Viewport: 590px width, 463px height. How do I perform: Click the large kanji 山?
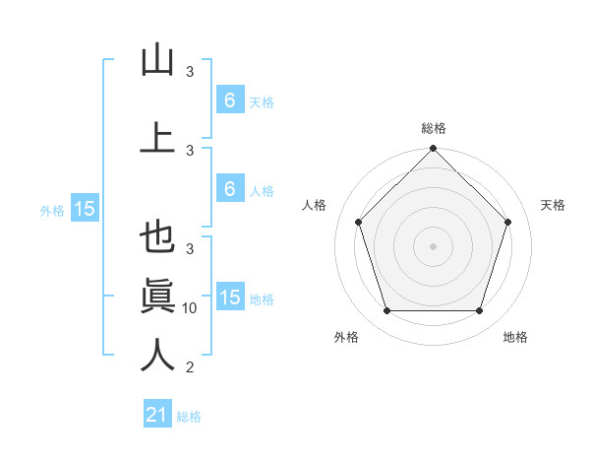[x=157, y=60]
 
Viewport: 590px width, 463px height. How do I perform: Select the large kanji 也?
[x=157, y=239]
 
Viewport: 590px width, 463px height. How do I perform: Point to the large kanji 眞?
[x=157, y=297]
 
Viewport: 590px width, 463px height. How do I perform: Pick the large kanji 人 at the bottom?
[x=157, y=355]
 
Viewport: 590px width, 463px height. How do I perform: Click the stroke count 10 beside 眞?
[x=190, y=308]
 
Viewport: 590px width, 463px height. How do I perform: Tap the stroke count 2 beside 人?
[x=190, y=367]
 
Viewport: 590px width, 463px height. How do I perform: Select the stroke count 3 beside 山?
[x=190, y=72]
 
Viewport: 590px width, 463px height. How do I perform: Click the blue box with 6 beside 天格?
[x=229, y=100]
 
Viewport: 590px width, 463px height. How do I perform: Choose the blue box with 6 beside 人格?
[x=229, y=189]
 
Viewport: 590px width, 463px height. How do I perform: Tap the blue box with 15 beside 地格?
[x=229, y=298]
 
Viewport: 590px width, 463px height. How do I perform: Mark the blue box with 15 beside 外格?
[x=85, y=209]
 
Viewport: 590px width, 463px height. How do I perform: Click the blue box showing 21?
[x=156, y=416]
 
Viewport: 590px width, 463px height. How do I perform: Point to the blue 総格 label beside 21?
[x=189, y=417]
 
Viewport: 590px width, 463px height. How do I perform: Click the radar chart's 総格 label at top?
[x=433, y=128]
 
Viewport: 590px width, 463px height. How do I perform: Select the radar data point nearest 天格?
[x=508, y=222]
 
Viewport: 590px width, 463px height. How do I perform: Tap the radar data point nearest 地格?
[x=479, y=310]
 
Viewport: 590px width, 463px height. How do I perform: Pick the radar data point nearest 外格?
[x=386, y=310]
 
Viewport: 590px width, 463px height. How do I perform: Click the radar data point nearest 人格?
[x=358, y=222]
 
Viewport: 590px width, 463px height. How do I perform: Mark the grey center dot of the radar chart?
[x=433, y=245]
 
